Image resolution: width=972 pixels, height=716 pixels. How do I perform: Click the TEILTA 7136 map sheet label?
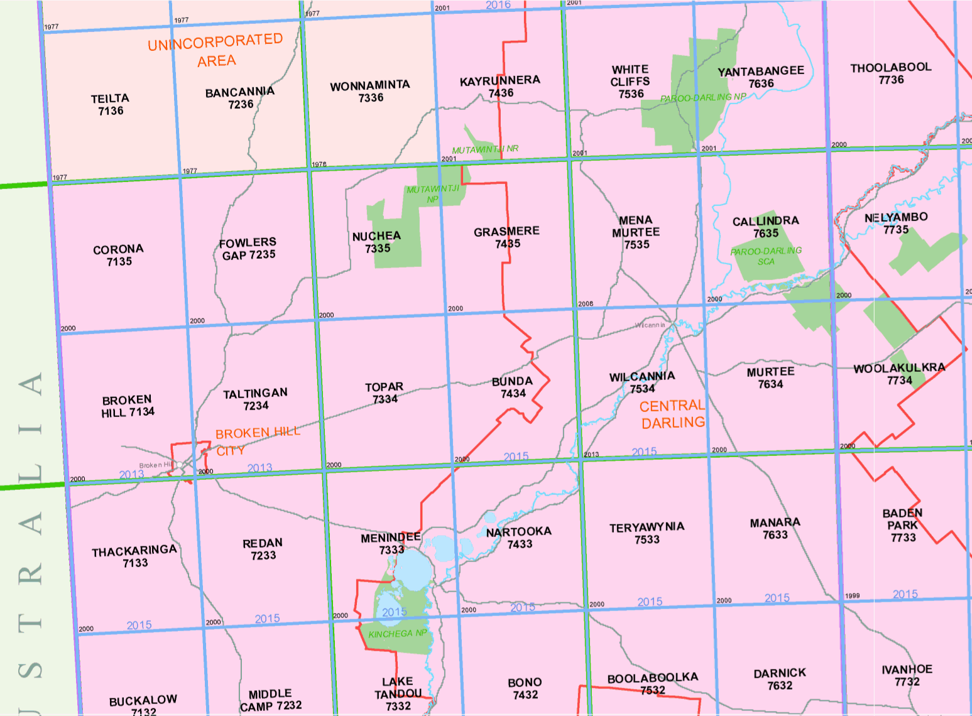coord(110,104)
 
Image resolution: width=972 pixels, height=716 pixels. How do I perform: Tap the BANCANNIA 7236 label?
coord(240,98)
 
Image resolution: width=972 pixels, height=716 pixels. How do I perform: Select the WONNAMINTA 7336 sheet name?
coord(370,91)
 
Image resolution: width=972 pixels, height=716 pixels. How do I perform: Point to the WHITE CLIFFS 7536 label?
coord(630,82)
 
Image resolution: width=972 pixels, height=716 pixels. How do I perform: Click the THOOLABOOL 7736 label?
coord(891,73)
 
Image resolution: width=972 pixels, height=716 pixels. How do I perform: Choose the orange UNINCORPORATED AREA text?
coord(216,51)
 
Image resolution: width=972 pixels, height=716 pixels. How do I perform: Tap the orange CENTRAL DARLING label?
coord(673,415)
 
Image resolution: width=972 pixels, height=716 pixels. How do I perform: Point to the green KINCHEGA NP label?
coord(397,634)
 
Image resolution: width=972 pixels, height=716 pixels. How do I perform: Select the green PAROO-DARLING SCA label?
coord(766,256)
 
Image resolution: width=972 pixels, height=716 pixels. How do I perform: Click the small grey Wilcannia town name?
coord(650,325)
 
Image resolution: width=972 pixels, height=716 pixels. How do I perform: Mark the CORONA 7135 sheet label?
coord(118,255)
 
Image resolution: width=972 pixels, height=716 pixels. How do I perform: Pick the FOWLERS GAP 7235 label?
coord(248,249)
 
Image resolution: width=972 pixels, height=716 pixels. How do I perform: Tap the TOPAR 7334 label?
coord(385,393)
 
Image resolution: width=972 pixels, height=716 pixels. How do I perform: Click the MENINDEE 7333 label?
coord(391,543)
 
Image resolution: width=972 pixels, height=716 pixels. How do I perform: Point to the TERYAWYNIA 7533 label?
coord(647,533)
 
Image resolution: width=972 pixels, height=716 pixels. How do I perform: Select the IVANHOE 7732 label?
coord(907,675)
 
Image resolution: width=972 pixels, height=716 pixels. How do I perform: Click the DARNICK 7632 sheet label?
coord(780,679)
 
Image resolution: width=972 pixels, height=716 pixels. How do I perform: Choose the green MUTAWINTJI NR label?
coord(485,149)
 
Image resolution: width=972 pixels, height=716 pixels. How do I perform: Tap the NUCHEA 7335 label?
coord(376,242)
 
